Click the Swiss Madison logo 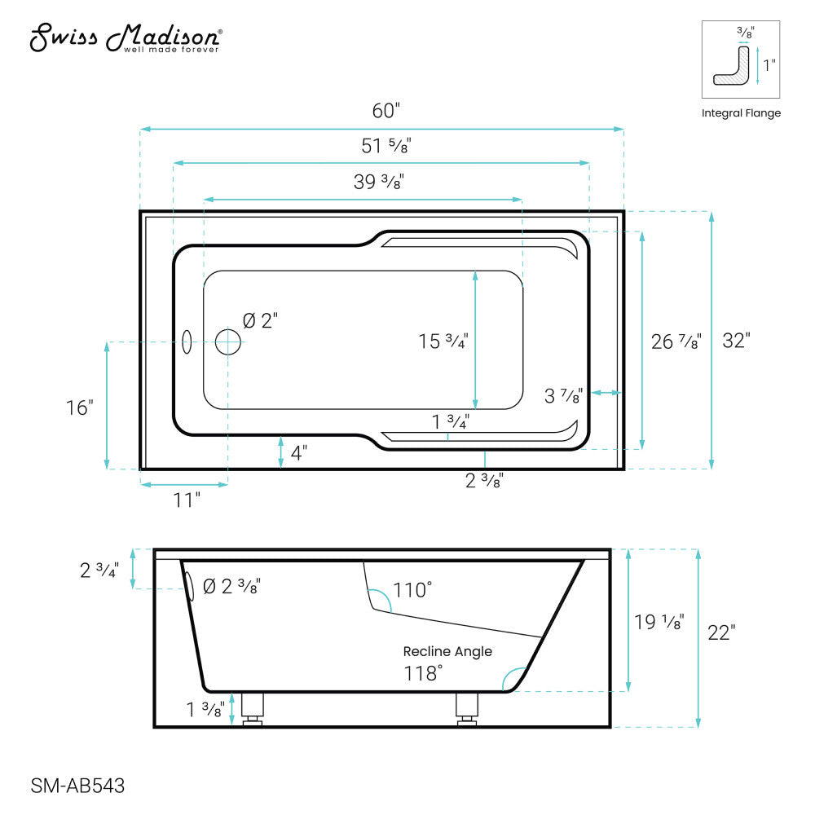click(126, 37)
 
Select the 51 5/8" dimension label click(385, 146)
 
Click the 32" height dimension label click(735, 341)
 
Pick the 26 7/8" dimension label click(676, 341)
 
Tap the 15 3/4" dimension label click(443, 341)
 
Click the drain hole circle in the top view click(228, 341)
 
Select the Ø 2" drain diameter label click(262, 321)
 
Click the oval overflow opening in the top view click(187, 342)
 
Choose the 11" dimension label click(186, 500)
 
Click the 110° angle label click(412, 589)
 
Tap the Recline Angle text click(447, 651)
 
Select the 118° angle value click(424, 673)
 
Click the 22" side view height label click(721, 632)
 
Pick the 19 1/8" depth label click(659, 623)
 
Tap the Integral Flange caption click(741, 113)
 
